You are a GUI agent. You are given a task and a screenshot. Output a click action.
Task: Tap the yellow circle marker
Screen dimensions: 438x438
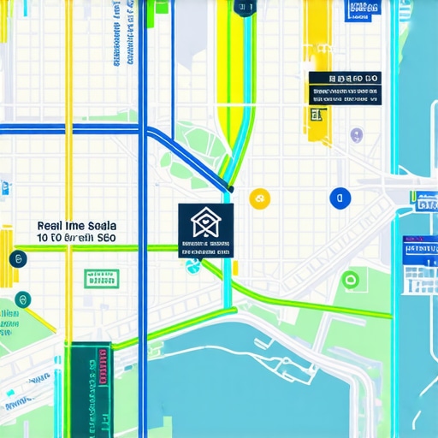point(258,198)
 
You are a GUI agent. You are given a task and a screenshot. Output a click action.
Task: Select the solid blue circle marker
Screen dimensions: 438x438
point(339,198)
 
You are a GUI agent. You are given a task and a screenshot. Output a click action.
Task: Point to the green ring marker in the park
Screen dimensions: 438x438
point(349,279)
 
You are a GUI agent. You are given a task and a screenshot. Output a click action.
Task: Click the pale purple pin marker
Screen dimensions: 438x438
point(356,134)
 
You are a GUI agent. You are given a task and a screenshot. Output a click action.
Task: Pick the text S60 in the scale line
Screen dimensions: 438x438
point(106,237)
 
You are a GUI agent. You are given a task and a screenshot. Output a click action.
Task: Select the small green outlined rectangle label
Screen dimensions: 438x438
point(102,278)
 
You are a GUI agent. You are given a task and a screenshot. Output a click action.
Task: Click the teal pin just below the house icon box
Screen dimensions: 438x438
point(192,266)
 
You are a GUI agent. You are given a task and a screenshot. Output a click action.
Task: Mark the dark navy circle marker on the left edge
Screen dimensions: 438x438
point(12,257)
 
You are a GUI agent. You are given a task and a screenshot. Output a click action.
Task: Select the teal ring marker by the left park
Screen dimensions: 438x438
point(22,299)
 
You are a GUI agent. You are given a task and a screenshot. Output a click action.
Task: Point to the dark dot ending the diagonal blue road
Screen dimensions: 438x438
point(231,188)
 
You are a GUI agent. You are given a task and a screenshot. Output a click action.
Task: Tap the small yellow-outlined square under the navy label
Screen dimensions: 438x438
point(317,114)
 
